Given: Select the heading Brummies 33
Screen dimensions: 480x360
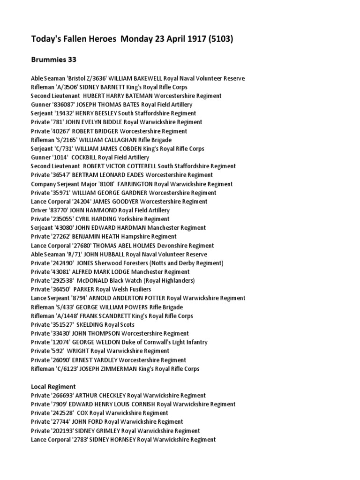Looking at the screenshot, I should (53, 60).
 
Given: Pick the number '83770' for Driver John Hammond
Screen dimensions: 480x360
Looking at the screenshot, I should (64, 210).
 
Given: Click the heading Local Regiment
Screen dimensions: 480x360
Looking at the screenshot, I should (53, 387).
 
